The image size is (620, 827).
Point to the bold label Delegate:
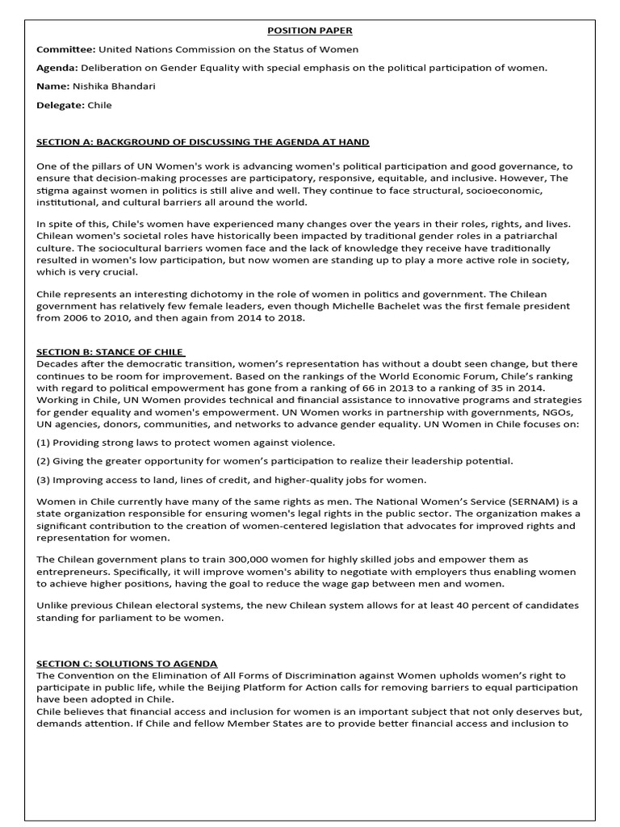pyautogui.click(x=61, y=105)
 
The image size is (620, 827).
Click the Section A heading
pyautogui.click(x=203, y=142)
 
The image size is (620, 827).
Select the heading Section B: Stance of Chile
pyautogui.click(x=111, y=352)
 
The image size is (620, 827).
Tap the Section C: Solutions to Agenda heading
pyautogui.click(x=127, y=663)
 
